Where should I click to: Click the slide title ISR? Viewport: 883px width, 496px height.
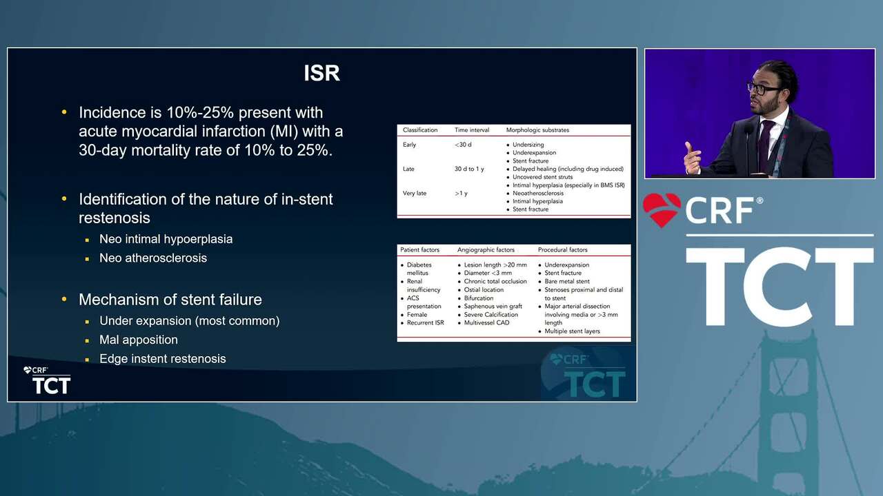click(321, 73)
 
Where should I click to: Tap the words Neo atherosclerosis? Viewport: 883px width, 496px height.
click(153, 258)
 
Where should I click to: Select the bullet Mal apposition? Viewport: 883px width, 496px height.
click(139, 340)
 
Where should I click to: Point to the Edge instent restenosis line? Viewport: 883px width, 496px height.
click(162, 359)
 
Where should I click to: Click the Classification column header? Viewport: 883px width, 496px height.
click(420, 130)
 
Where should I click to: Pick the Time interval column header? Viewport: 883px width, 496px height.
click(471, 130)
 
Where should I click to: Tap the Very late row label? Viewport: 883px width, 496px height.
click(415, 194)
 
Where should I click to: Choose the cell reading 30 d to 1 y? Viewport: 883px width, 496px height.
click(469, 169)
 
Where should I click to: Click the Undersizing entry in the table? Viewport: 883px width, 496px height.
click(528, 145)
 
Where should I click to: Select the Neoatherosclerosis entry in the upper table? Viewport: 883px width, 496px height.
click(537, 194)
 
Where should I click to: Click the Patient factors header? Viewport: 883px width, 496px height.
click(419, 249)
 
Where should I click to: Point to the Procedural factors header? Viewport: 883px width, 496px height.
click(562, 249)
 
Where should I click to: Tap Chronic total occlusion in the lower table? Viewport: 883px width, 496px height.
click(495, 282)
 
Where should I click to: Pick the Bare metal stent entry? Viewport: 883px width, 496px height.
click(567, 282)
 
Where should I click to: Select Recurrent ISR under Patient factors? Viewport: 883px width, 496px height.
click(426, 323)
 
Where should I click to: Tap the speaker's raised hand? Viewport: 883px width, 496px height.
click(692, 158)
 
